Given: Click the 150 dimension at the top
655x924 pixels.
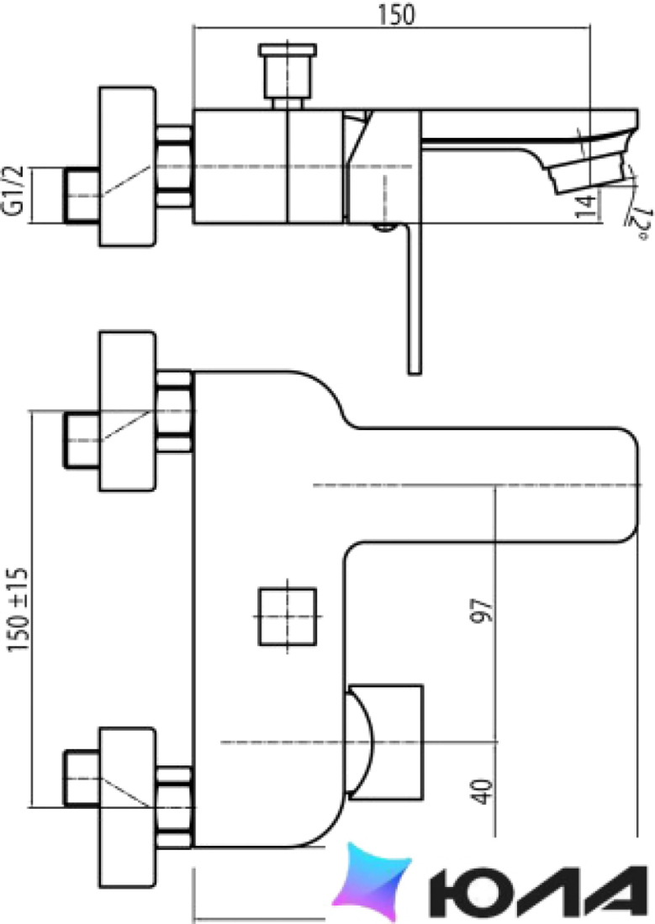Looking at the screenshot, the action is pyautogui.click(x=396, y=15).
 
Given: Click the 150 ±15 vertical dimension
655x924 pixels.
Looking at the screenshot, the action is pyautogui.click(x=18, y=609).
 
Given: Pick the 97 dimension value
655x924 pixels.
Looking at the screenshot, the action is pyautogui.click(x=482, y=611).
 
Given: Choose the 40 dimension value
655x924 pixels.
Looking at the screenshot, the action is pyautogui.click(x=483, y=790).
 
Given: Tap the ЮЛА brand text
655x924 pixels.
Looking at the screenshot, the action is pyautogui.click(x=538, y=888).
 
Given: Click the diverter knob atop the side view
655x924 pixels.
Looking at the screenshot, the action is pyautogui.click(x=288, y=76).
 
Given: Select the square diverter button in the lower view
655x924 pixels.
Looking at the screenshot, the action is pyautogui.click(x=288, y=617).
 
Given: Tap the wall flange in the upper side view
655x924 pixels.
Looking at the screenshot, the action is pyautogui.click(x=128, y=166).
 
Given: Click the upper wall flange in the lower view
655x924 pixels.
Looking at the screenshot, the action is pyautogui.click(x=128, y=411).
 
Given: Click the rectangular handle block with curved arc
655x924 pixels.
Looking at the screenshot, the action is pyautogui.click(x=385, y=742).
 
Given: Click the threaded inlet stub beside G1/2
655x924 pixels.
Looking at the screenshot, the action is pyautogui.click(x=82, y=196).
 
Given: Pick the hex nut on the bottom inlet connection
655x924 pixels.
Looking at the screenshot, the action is pyautogui.click(x=175, y=806).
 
